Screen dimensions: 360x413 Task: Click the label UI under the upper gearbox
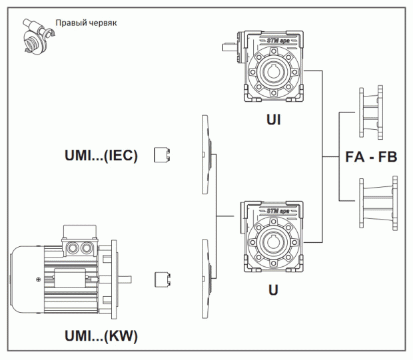(272, 119)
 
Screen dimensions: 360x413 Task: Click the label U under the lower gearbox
(273, 290)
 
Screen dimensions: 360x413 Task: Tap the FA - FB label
(371, 158)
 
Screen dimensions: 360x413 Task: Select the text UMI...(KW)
(101, 337)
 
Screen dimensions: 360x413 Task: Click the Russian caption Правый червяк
(86, 23)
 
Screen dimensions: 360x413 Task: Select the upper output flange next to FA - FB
(370, 112)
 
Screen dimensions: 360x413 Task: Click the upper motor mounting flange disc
(206, 154)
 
